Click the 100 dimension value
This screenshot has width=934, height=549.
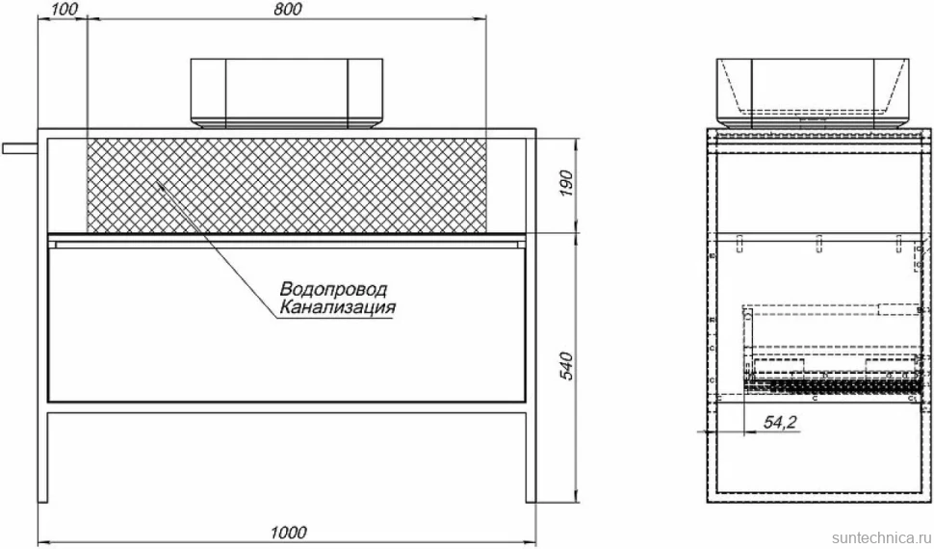pos(65,10)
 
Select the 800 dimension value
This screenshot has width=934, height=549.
pos(288,10)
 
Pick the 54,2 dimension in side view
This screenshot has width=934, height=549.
pos(781,422)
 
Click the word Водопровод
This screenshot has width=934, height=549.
pos(333,289)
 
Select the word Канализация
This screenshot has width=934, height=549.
pos(337,307)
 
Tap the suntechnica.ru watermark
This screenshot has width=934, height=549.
pos(882,537)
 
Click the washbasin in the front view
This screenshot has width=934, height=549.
pos(287,93)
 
